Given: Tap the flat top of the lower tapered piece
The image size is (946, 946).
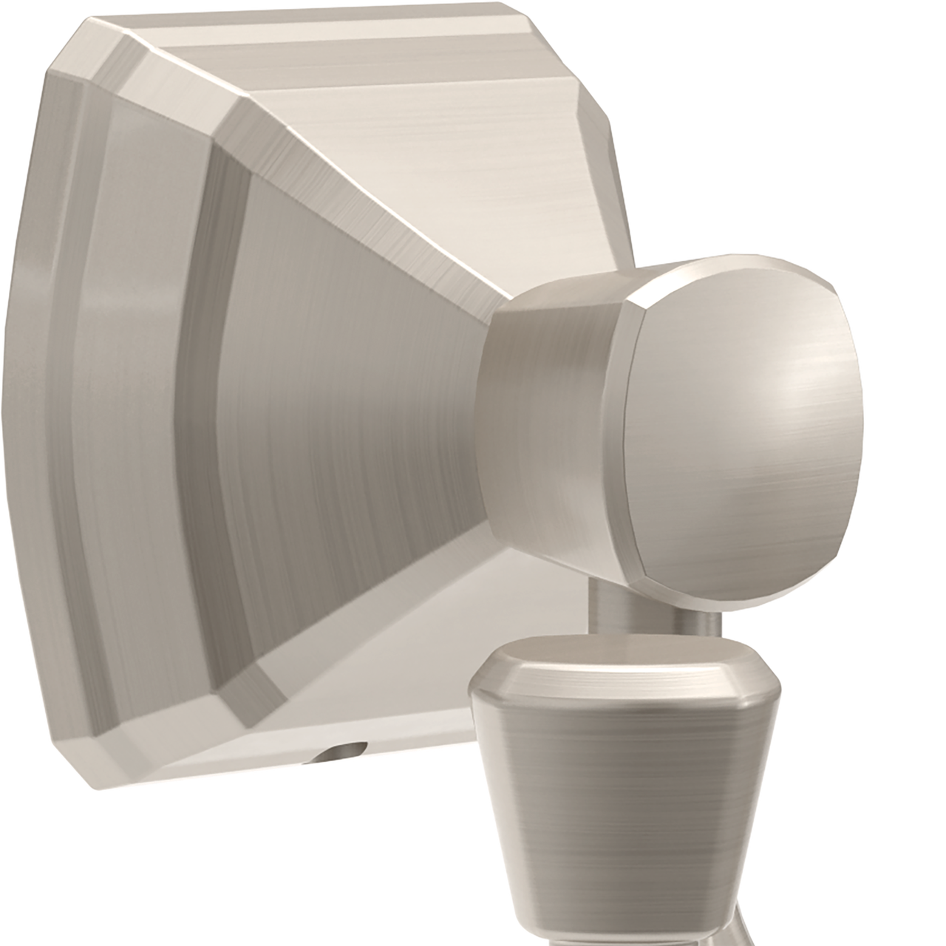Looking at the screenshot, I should (621, 662).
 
